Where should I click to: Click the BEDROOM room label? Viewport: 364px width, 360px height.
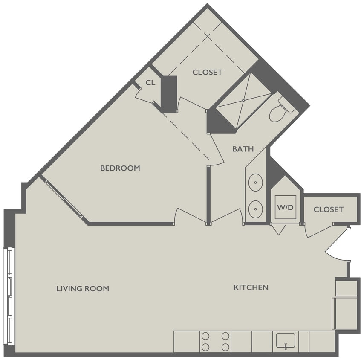pyautogui.click(x=120, y=168)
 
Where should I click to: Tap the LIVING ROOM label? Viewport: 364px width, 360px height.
pyautogui.click(x=83, y=289)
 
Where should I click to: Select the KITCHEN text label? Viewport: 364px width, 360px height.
pyautogui.click(x=251, y=287)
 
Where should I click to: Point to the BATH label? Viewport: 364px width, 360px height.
pyautogui.click(x=243, y=149)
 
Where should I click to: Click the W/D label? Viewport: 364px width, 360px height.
pyautogui.click(x=285, y=208)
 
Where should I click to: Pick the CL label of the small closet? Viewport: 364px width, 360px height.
pyautogui.click(x=150, y=83)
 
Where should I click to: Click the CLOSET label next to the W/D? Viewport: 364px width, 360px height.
pyautogui.click(x=328, y=209)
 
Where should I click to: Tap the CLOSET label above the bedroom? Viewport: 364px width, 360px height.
pyautogui.click(x=207, y=72)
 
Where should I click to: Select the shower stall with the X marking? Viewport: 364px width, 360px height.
pyautogui.click(x=243, y=101)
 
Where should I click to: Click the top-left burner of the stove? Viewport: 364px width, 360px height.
pyautogui.click(x=205, y=336)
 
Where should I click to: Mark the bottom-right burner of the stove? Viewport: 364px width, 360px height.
pyautogui.click(x=225, y=347)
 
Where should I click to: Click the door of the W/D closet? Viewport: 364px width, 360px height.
pyautogui.click(x=279, y=229)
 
